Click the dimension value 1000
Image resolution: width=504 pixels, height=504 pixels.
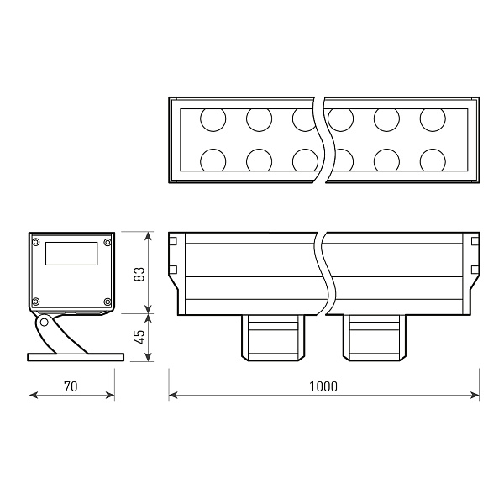[x=323, y=387]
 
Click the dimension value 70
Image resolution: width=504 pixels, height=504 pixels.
[x=71, y=387]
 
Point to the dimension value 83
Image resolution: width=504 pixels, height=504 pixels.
[x=139, y=273]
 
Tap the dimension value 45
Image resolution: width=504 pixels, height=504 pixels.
[x=139, y=336]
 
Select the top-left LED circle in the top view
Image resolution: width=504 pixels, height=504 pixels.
[x=213, y=120]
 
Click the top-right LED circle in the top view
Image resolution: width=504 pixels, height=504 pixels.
[x=433, y=120]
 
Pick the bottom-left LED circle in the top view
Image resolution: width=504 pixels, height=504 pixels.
[x=213, y=160]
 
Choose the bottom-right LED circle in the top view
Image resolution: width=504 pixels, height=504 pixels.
[x=433, y=160]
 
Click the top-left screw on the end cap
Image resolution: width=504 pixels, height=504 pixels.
[x=36, y=243]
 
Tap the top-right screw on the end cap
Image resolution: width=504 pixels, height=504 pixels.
[x=107, y=243]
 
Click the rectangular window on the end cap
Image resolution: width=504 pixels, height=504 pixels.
[x=71, y=254]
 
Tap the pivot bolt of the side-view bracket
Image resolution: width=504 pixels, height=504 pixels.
[x=43, y=322]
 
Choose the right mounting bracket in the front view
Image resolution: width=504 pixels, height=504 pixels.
[x=375, y=337]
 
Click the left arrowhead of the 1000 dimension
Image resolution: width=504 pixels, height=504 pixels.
[x=171, y=394]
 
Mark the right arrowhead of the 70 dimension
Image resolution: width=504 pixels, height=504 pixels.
[x=113, y=394]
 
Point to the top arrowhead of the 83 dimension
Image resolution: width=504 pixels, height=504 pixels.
[x=149, y=234]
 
